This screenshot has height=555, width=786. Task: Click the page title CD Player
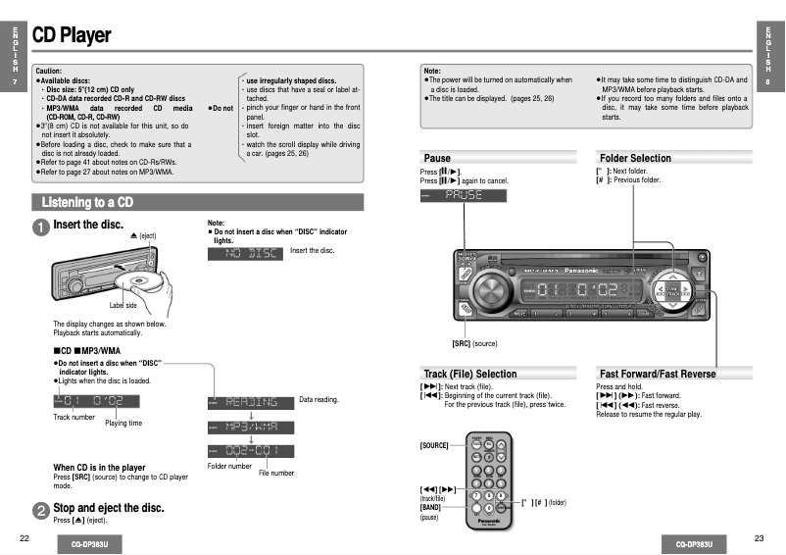point(72,36)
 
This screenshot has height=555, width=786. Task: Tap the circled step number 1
point(41,227)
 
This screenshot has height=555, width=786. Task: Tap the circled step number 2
point(41,511)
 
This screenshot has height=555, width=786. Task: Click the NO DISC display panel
point(245,253)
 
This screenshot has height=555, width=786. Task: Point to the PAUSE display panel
point(463,195)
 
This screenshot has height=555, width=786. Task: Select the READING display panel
point(250,402)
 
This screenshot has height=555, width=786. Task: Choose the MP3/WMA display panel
point(250,427)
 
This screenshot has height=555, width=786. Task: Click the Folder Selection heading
point(635,158)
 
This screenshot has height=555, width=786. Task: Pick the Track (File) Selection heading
point(469,374)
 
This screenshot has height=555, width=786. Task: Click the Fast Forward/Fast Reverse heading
point(657,374)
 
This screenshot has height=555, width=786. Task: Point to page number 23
point(759,538)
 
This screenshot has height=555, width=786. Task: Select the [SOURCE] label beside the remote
point(434,445)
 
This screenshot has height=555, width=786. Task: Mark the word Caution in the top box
point(48,71)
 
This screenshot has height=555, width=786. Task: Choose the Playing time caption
point(123,424)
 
